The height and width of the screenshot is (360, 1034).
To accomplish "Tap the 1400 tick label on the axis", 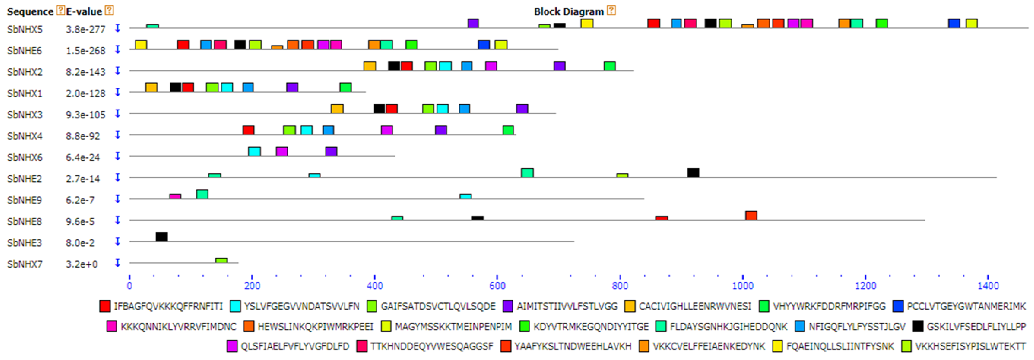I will (988, 286).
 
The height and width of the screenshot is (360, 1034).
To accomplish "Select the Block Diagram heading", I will (568, 12).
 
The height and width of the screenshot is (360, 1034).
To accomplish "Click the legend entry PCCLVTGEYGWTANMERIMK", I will (966, 307).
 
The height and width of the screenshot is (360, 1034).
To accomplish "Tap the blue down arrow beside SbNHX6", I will (118, 156).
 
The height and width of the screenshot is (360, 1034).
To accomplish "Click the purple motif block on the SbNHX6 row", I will (331, 151).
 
